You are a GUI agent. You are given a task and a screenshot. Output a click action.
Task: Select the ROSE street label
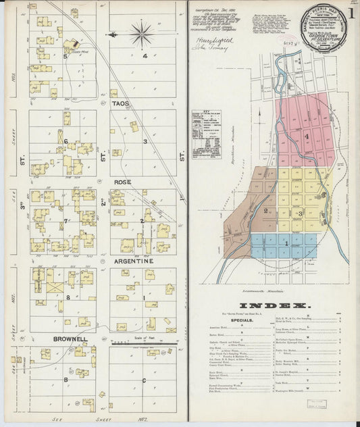coord(122,182)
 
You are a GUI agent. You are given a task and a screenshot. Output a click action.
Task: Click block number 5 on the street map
coord(66,57)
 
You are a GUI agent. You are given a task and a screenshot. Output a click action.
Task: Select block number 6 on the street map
coord(66,141)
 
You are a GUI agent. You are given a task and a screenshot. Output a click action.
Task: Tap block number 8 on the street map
coord(68,297)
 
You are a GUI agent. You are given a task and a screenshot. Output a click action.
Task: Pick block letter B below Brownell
coord(66,380)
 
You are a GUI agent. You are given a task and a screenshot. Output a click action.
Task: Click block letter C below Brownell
coord(143,380)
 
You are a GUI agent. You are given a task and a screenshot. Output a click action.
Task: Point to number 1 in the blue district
coord(286,242)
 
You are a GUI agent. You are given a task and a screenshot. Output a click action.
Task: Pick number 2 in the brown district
coord(266,211)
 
